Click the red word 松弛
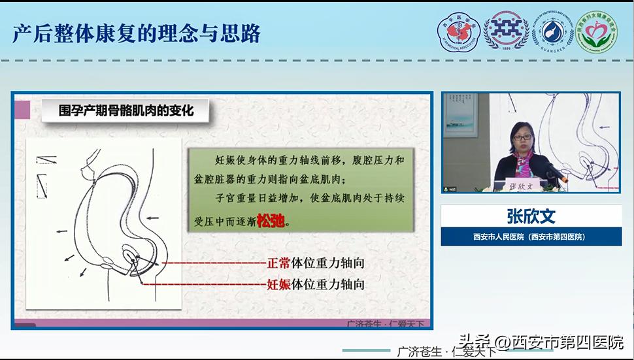click(x=271, y=220)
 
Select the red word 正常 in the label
click(x=279, y=264)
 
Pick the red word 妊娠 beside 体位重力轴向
click(x=279, y=284)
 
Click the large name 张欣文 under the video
click(x=531, y=216)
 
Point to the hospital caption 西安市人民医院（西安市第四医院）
click(x=531, y=237)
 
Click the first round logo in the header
click(x=458, y=33)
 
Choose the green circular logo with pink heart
click(x=596, y=33)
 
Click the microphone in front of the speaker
click(x=555, y=172)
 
